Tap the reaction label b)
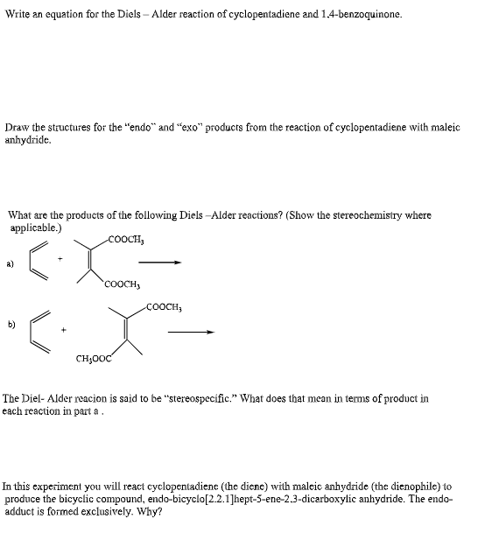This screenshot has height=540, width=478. (x=11, y=325)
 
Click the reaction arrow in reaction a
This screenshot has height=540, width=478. (x=163, y=261)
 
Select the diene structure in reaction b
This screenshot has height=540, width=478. (x=39, y=328)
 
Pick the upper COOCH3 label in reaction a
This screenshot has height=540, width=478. (x=125, y=238)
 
